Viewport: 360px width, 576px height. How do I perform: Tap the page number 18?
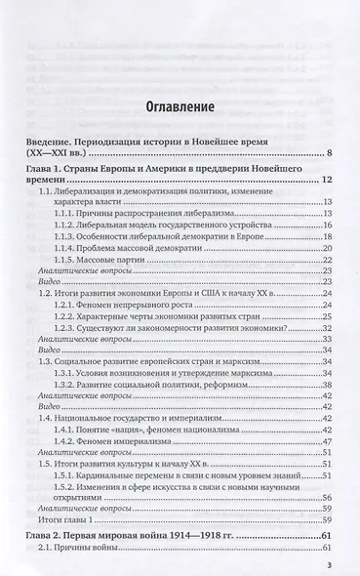pos(329,235)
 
